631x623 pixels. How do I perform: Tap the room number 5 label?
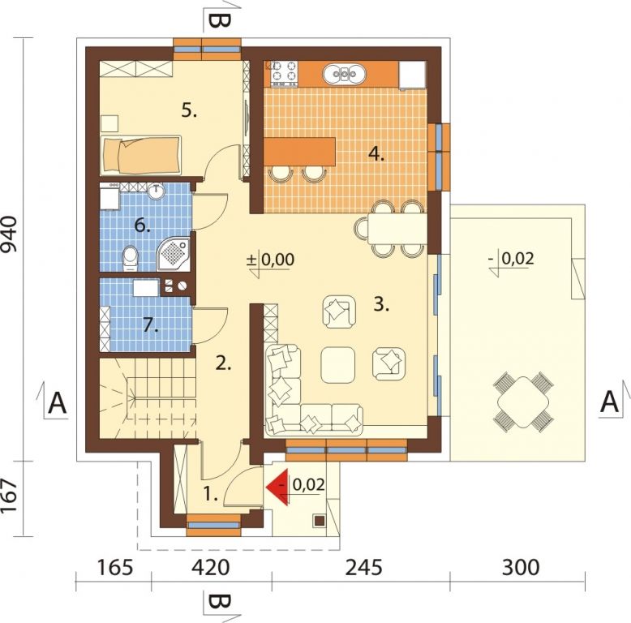pyautogui.click(x=189, y=110)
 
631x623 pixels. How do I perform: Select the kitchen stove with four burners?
pyautogui.click(x=284, y=73)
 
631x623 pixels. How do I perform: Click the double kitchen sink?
pyautogui.click(x=345, y=74)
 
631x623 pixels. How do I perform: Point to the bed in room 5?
pyautogui.click(x=141, y=156)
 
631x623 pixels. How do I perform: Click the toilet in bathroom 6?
pyautogui.click(x=130, y=258)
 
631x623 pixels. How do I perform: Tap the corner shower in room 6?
pyautogui.click(x=173, y=255)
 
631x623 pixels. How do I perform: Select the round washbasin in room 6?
pyautogui.click(x=156, y=191)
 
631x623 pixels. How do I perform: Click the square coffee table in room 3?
pyautogui.click(x=338, y=365)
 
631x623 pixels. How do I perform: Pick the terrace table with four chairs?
pyautogui.click(x=523, y=402)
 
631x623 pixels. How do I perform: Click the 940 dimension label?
pyautogui.click(x=10, y=234)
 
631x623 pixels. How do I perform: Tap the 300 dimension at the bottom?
pyautogui.click(x=521, y=568)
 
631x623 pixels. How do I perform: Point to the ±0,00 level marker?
pyautogui.click(x=271, y=260)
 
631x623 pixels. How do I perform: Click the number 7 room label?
pyautogui.click(x=151, y=325)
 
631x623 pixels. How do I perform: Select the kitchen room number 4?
pyautogui.click(x=376, y=154)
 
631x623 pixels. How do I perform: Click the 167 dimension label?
pyautogui.click(x=10, y=496)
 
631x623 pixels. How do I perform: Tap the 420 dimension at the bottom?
pyautogui.click(x=210, y=568)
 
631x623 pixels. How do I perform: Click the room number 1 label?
pyautogui.click(x=210, y=493)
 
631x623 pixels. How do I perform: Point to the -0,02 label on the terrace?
pyautogui.click(x=512, y=259)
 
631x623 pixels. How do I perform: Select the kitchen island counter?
pyautogui.click(x=300, y=152)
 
